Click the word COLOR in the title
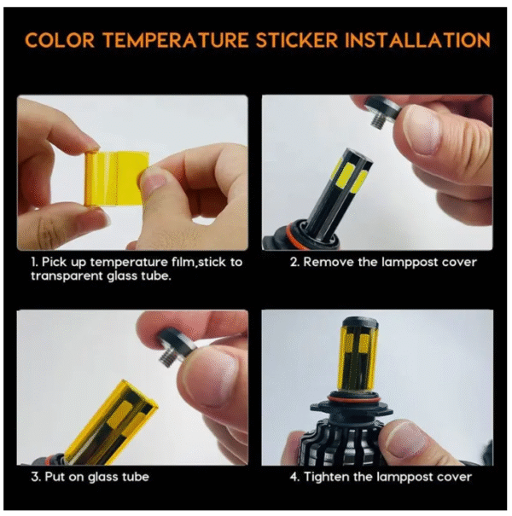click(x=60, y=40)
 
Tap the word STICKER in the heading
click(x=297, y=40)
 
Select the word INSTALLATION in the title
click(x=418, y=40)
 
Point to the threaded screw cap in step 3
click(x=174, y=349)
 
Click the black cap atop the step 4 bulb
click(x=359, y=323)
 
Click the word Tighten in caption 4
click(x=327, y=477)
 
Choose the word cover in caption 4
click(x=455, y=477)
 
